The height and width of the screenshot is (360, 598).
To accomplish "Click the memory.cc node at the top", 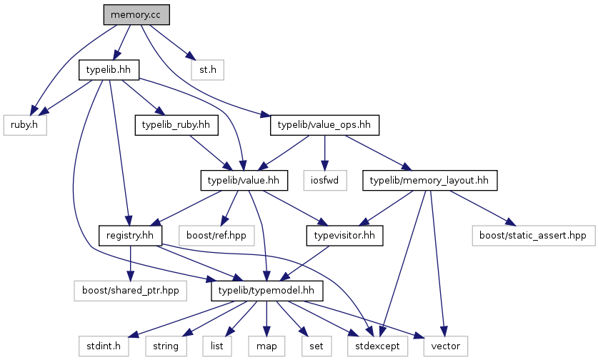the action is (136, 15).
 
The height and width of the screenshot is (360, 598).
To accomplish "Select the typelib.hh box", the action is (109, 70).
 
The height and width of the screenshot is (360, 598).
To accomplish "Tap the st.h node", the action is (207, 70).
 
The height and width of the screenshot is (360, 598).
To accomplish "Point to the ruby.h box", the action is (25, 125).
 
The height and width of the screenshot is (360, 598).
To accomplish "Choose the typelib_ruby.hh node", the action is (176, 125).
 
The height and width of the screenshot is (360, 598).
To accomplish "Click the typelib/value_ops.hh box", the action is (324, 125).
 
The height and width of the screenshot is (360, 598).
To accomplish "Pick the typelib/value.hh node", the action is (244, 181).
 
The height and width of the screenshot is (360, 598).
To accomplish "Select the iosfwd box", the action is (325, 181).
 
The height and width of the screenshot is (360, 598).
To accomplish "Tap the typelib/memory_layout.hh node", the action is (430, 181).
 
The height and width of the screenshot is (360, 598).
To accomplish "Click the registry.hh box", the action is (131, 236).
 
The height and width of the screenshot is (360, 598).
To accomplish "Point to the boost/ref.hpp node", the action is (216, 236).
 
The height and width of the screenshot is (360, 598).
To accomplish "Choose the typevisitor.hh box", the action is (345, 236).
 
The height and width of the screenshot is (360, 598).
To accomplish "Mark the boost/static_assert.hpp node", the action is (534, 236).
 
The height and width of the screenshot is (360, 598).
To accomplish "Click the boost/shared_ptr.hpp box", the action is (131, 291).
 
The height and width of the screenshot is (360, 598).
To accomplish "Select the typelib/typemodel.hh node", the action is (267, 291).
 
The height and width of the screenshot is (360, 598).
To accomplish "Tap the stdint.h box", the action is (104, 346).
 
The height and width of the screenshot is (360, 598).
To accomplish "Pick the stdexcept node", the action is (377, 346).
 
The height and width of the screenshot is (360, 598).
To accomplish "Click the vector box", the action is (445, 346).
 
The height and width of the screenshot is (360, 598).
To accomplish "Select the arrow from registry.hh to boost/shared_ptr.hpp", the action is (131, 263).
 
